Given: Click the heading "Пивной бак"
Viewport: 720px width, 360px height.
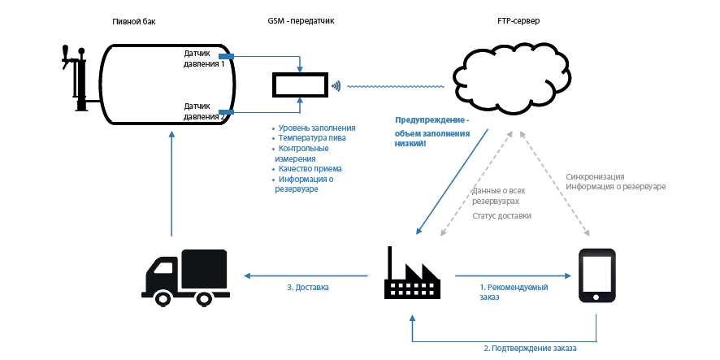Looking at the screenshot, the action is click(134, 22).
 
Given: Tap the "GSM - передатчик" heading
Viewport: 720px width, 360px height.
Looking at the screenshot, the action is click(301, 22).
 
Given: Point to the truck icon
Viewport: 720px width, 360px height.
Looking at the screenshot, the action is click(185, 277).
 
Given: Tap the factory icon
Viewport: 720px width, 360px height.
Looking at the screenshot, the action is click(412, 273).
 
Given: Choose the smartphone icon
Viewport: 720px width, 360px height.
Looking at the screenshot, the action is click(596, 275).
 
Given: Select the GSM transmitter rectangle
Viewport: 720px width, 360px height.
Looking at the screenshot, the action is click(301, 85).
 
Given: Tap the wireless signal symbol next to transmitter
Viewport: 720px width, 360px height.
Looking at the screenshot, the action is click(336, 85).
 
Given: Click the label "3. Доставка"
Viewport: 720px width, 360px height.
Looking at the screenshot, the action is click(308, 288).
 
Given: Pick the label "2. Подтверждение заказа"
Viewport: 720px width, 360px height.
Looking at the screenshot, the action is click(530, 348).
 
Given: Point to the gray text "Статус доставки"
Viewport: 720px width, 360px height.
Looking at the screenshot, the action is click(502, 215).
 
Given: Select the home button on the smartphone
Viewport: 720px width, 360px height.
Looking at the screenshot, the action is click(596, 297).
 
